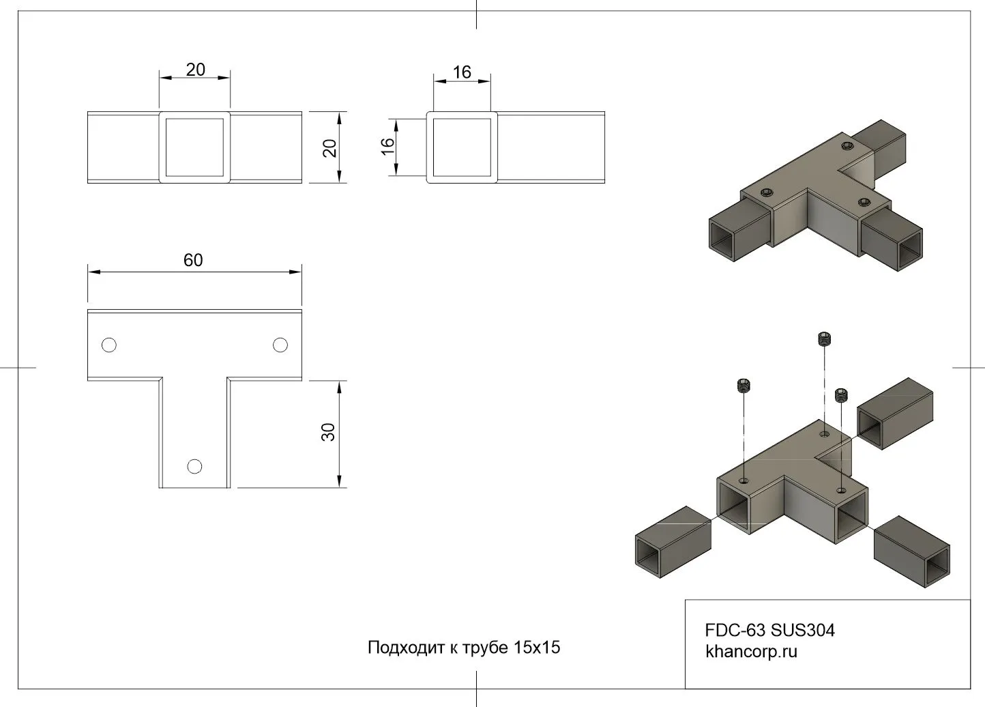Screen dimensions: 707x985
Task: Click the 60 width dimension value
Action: click(x=193, y=260)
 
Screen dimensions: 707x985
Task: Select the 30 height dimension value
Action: click(x=329, y=432)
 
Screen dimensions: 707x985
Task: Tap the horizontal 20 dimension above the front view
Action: click(x=196, y=70)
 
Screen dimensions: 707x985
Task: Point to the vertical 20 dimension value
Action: click(x=330, y=148)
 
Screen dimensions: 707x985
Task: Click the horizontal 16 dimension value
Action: click(x=462, y=72)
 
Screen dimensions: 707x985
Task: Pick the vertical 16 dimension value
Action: click(x=387, y=145)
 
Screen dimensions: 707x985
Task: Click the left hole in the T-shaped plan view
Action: click(x=108, y=345)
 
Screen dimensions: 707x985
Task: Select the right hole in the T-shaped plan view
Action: click(x=280, y=345)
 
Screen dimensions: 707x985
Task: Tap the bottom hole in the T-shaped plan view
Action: click(x=194, y=466)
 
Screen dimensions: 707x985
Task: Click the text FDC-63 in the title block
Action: click(x=735, y=630)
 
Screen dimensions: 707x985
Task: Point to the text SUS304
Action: click(x=803, y=630)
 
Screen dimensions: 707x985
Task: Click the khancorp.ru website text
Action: click(x=751, y=652)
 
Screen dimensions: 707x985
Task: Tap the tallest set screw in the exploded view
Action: click(x=825, y=339)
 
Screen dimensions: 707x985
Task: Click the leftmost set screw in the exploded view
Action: click(x=744, y=386)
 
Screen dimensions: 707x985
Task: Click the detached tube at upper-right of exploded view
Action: click(x=894, y=413)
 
